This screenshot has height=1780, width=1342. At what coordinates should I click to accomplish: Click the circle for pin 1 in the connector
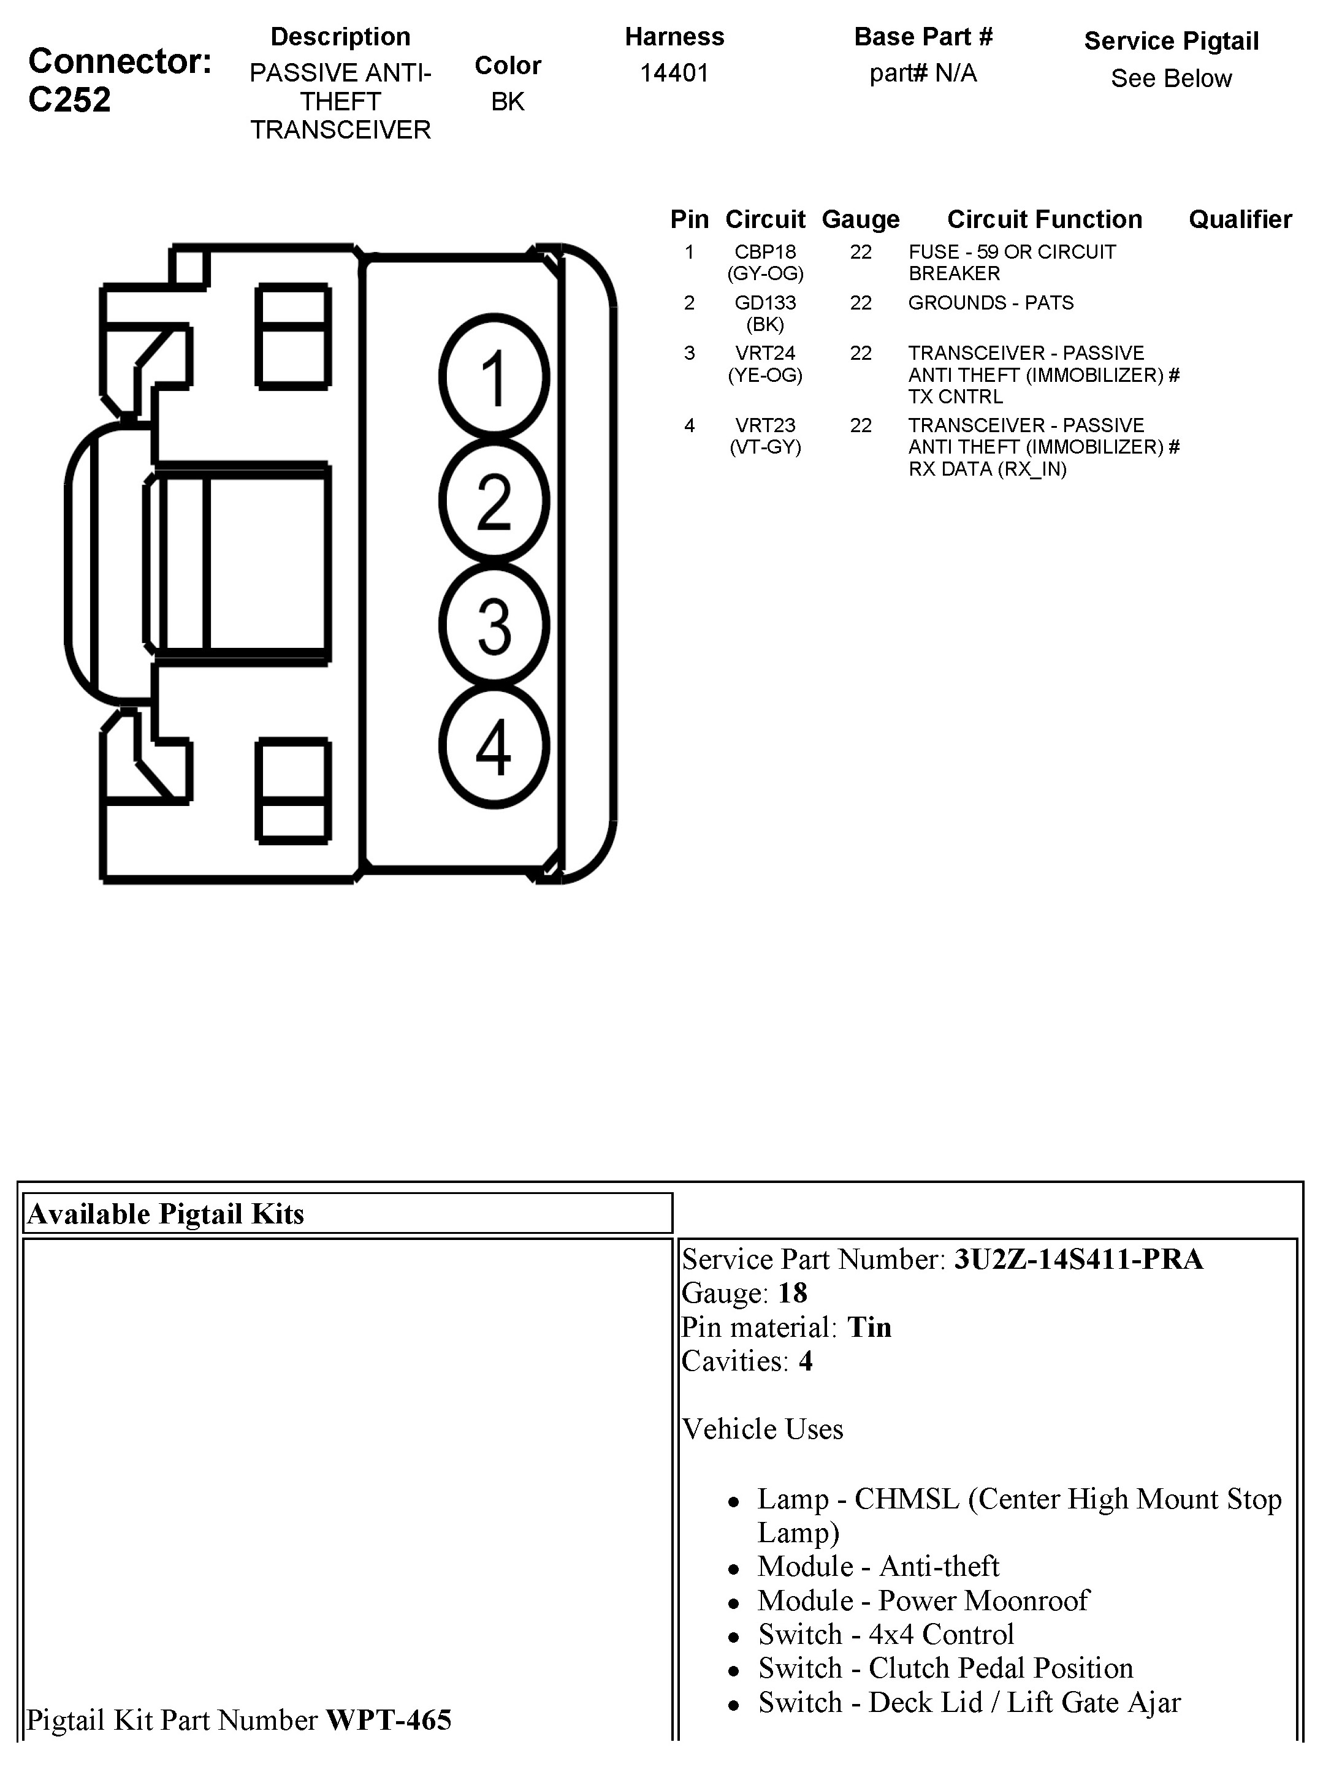pyautogui.click(x=494, y=378)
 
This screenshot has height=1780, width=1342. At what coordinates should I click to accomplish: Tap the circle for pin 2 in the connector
pyautogui.click(x=494, y=501)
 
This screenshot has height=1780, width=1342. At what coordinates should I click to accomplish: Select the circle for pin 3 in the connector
pyautogui.click(x=494, y=625)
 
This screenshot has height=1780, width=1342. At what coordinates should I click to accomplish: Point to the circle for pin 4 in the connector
pyautogui.click(x=494, y=747)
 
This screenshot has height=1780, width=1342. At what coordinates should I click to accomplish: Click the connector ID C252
pyautogui.click(x=69, y=100)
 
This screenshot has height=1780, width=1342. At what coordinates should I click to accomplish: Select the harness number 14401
pyautogui.click(x=674, y=73)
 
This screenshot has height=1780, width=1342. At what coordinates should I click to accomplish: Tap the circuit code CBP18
pyautogui.click(x=764, y=252)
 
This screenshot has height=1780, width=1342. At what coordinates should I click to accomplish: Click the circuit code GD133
pyautogui.click(x=764, y=303)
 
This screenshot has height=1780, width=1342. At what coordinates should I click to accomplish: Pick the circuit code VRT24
pyautogui.click(x=764, y=353)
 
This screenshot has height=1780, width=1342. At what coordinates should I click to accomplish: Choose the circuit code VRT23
pyautogui.click(x=764, y=425)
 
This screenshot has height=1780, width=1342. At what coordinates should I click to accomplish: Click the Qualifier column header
pyautogui.click(x=1240, y=219)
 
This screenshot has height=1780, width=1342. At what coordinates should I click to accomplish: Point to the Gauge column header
pyautogui.click(x=861, y=219)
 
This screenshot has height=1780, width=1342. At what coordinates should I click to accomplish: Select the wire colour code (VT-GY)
pyautogui.click(x=764, y=447)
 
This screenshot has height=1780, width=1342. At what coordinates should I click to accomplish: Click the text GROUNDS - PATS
pyautogui.click(x=990, y=303)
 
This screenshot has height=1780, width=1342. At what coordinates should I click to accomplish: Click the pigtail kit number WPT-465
pyautogui.click(x=388, y=1720)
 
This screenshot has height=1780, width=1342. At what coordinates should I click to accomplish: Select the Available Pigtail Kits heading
pyautogui.click(x=166, y=1214)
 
